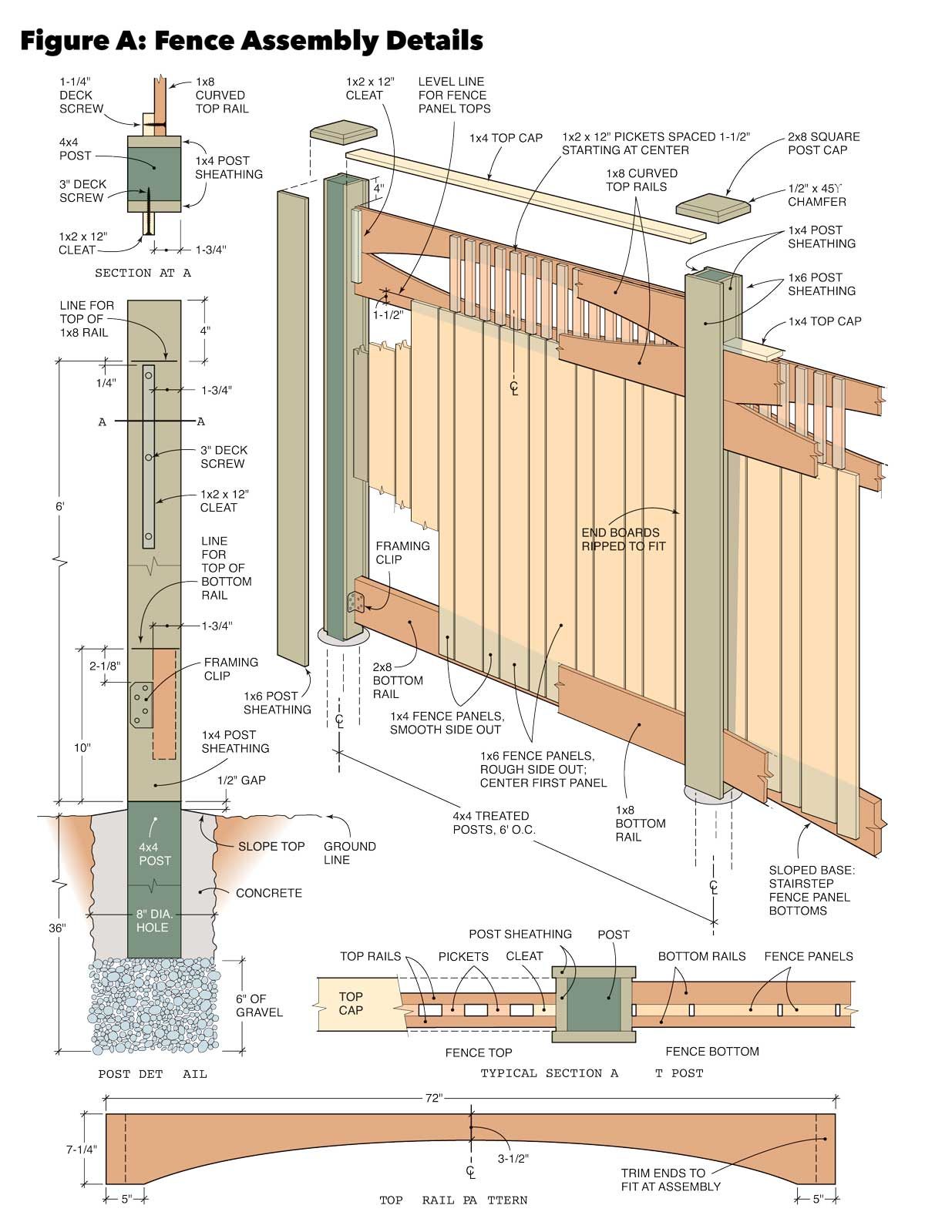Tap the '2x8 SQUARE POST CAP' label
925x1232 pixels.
click(x=823, y=143)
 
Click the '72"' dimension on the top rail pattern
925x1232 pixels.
click(x=434, y=1098)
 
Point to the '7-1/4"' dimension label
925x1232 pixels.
click(x=81, y=1149)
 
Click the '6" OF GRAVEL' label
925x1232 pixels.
click(x=258, y=1005)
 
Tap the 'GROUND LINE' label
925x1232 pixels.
click(x=349, y=852)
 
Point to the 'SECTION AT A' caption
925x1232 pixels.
click(x=143, y=273)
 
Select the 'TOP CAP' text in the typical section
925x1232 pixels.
click(x=351, y=1003)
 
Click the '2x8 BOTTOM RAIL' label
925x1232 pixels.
click(x=398, y=680)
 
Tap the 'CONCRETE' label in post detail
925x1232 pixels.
click(x=269, y=893)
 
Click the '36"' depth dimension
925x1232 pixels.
click(x=57, y=928)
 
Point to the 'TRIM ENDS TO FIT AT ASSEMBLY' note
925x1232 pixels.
click(x=670, y=1180)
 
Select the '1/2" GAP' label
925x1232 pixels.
click(x=241, y=780)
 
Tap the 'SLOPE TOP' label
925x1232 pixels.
click(x=271, y=846)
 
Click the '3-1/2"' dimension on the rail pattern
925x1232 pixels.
click(x=512, y=1157)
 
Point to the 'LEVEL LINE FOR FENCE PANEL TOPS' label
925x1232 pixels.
click(x=454, y=95)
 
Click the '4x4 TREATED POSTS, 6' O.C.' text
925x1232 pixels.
click(x=491, y=822)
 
